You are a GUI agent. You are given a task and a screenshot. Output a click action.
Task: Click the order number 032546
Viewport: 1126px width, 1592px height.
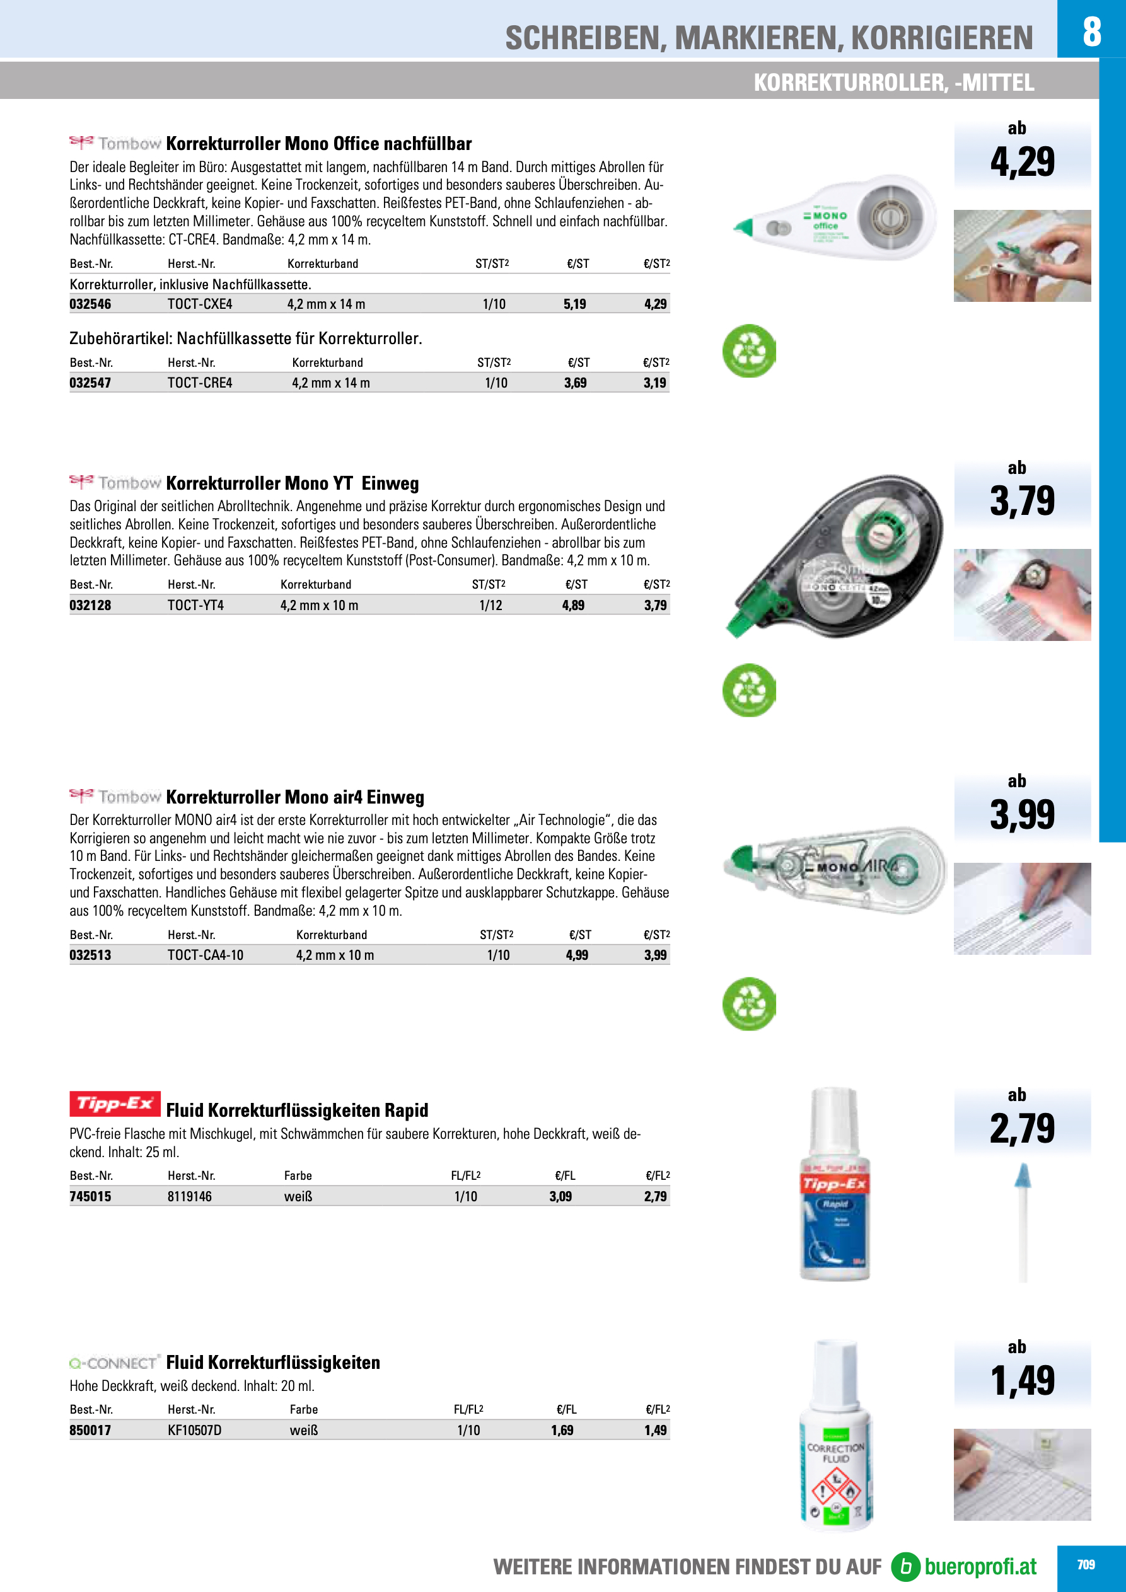90,304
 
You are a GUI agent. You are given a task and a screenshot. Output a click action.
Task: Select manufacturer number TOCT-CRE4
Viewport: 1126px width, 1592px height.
200,383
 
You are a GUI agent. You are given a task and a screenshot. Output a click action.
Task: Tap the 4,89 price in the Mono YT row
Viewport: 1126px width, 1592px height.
573,605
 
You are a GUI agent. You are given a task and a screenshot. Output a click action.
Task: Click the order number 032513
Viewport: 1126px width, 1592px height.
90,955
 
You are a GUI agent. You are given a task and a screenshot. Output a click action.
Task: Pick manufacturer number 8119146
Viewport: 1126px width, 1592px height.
189,1196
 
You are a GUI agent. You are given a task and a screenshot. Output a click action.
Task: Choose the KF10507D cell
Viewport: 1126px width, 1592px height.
194,1430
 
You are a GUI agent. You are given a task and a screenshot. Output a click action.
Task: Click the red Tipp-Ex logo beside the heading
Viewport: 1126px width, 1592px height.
115,1104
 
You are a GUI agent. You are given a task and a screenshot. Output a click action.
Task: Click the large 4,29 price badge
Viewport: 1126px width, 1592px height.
1022,161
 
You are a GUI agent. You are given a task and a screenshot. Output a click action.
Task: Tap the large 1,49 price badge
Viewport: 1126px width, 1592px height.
1022,1380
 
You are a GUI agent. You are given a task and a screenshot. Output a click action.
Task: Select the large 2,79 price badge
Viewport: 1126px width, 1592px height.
1022,1128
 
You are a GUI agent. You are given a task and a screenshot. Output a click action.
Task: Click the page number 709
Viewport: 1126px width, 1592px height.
1086,1564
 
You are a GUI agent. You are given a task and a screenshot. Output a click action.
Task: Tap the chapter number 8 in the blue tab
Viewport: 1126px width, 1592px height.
1091,32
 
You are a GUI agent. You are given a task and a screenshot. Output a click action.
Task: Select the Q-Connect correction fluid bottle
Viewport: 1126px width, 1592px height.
835,1439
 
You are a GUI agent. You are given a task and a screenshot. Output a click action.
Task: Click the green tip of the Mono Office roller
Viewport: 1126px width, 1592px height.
743,227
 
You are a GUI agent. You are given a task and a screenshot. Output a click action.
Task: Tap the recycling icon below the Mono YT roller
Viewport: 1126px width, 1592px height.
748,691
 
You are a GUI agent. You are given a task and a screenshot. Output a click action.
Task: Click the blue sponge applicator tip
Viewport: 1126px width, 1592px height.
1023,1175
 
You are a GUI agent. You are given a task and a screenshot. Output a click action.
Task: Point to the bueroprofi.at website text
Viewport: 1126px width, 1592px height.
980,1566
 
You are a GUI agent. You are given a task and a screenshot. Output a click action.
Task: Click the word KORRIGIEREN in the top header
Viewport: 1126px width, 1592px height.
941,38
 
